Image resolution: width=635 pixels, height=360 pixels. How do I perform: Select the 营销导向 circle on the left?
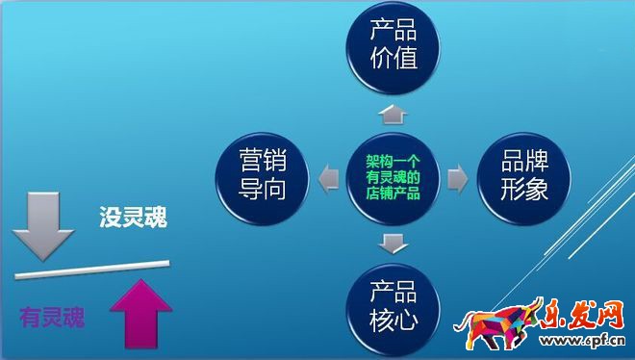[x=262, y=176]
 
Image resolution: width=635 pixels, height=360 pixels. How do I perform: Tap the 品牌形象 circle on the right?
[x=523, y=176]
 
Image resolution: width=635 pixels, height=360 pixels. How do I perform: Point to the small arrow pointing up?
[x=393, y=115]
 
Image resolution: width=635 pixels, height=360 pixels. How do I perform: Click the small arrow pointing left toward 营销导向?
[x=328, y=177]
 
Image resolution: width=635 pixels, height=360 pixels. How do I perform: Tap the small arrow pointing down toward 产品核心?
[x=393, y=241]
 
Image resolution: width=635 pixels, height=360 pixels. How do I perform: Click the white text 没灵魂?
[x=133, y=219]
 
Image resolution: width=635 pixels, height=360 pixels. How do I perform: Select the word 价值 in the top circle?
[x=394, y=58]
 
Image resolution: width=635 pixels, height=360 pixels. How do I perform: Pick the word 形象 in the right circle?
[x=523, y=190]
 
